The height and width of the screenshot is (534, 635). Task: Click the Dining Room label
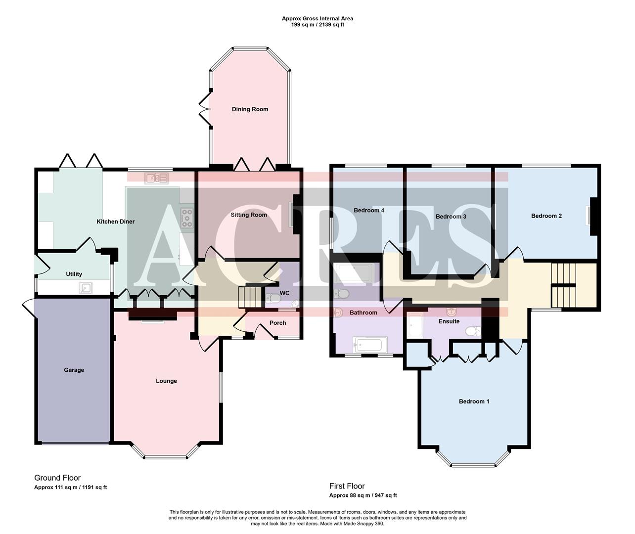(250, 109)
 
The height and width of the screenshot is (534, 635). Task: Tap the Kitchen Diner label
(115, 222)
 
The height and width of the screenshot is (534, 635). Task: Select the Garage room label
(74, 370)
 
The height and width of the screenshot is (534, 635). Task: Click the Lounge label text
(166, 381)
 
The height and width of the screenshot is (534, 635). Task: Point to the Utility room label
(74, 274)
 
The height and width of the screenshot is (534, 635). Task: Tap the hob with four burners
(187, 218)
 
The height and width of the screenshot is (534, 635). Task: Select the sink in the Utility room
(87, 287)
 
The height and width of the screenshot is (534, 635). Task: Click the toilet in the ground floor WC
(272, 298)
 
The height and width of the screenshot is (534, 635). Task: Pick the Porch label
(277, 323)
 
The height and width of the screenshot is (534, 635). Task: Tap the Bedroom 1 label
(474, 401)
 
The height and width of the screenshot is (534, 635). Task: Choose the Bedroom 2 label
(546, 216)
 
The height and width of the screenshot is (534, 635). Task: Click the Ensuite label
(449, 321)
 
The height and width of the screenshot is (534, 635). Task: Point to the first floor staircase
(564, 285)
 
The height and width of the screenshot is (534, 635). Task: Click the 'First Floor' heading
(347, 486)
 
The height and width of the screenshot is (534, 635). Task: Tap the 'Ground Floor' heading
(57, 478)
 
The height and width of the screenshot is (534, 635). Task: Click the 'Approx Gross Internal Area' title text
(317, 19)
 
